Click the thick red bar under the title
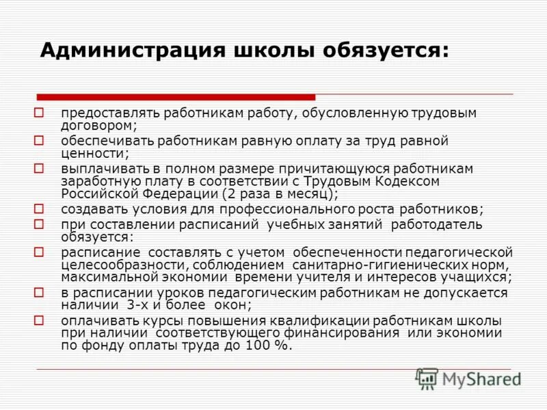click(176, 97)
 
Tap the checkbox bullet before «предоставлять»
click(40, 111)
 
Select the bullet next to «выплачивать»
click(40, 167)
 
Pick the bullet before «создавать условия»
click(40, 208)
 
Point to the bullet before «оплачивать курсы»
click(40, 320)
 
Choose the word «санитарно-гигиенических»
click(370, 264)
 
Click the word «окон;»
click(230, 305)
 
